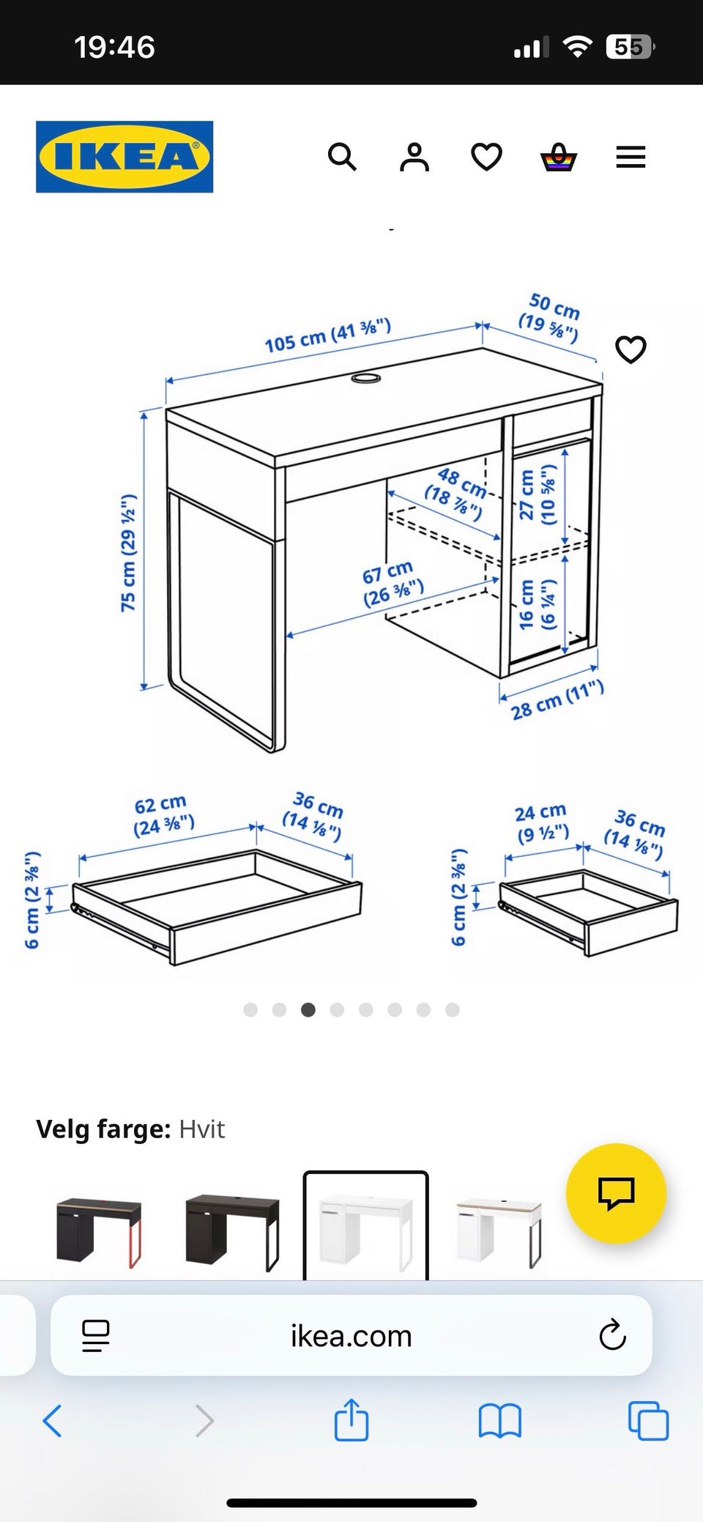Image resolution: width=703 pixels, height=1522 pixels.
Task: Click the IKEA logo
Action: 124,157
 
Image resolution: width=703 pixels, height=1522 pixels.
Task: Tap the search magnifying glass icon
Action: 342,157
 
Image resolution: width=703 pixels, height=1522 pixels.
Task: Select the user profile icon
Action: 414,157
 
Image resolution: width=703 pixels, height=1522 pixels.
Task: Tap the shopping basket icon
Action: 559,157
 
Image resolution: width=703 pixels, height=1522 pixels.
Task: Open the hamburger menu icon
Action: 631,157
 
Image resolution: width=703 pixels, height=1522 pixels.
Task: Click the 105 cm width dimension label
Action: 327,336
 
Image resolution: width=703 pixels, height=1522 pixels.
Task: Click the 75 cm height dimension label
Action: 128,552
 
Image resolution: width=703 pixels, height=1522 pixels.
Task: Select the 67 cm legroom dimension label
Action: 392,583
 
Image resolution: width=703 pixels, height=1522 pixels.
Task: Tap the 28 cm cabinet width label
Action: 557,699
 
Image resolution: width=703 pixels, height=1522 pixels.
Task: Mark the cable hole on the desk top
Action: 365,378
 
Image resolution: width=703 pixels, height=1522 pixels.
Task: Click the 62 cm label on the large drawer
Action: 163,815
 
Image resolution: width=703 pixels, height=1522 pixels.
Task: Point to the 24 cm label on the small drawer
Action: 542,823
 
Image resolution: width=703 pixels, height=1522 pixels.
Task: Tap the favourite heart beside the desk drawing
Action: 631,349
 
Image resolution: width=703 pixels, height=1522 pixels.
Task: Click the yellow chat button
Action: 616,1193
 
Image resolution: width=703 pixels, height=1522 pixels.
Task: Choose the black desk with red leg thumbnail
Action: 99,1233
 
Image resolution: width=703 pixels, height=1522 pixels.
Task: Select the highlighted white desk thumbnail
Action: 366,1227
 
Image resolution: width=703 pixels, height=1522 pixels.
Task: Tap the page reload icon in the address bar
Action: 612,1335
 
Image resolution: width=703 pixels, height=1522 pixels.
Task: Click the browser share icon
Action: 351,1420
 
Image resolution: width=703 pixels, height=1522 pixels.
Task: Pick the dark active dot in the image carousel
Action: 308,1010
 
